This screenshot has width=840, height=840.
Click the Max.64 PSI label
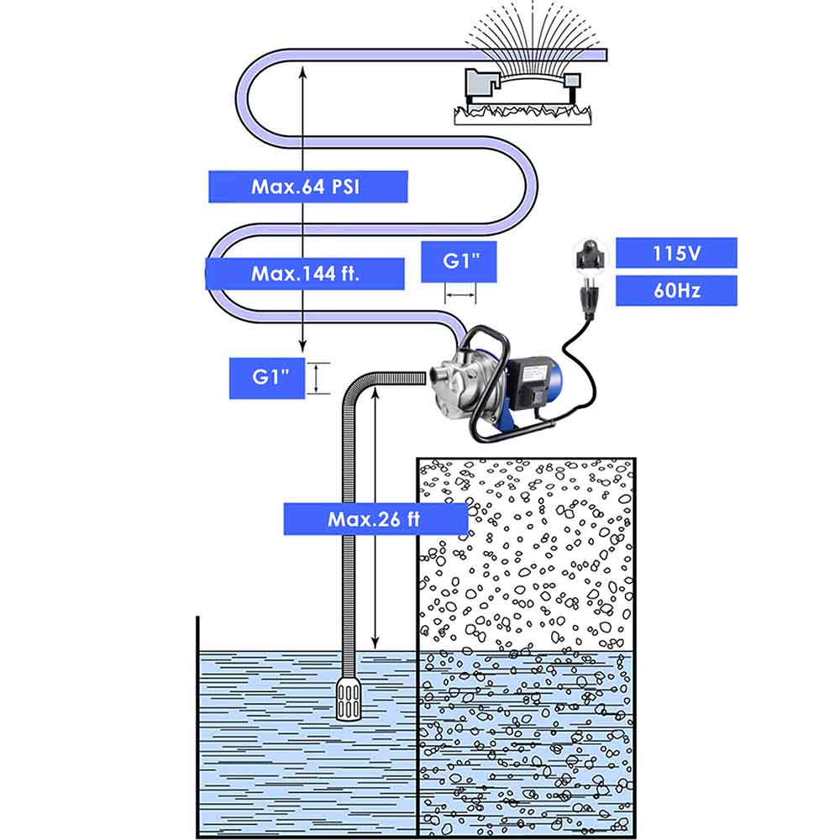(x=307, y=186)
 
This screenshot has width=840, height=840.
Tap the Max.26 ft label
(x=375, y=519)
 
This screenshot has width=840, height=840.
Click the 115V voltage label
(x=676, y=253)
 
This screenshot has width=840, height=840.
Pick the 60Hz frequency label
(x=676, y=291)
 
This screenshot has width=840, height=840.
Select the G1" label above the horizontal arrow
(x=460, y=261)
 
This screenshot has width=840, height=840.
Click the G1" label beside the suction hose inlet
(x=265, y=378)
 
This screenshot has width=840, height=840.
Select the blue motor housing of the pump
(x=550, y=386)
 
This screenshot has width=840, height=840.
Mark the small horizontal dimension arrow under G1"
(x=460, y=296)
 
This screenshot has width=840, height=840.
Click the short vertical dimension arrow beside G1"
(x=316, y=378)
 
